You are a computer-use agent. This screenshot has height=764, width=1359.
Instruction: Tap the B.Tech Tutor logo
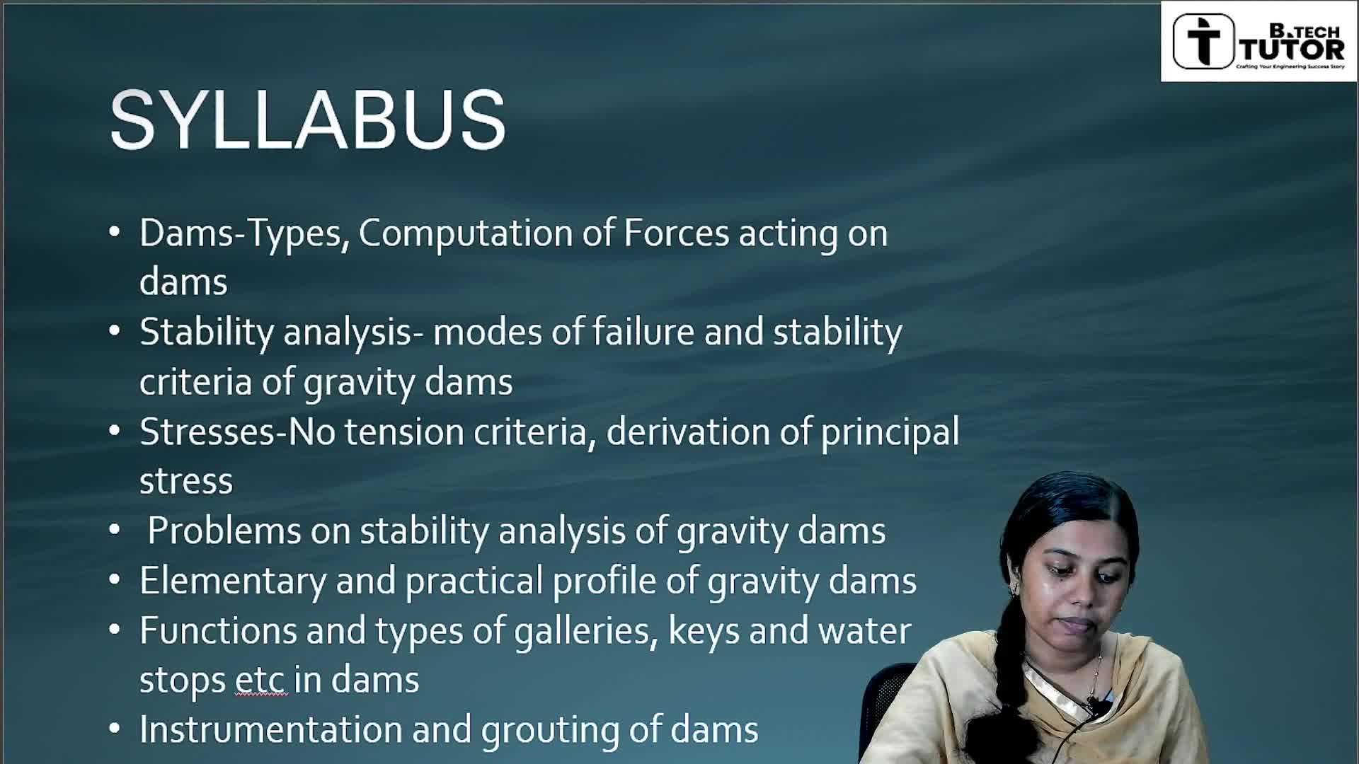[1258, 41]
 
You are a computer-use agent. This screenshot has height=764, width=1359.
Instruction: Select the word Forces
[676, 233]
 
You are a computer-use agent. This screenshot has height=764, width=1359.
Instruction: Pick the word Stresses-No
[238, 432]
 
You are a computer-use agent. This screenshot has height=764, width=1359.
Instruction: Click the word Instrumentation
[271, 729]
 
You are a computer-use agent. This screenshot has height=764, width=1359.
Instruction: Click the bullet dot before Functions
[115, 630]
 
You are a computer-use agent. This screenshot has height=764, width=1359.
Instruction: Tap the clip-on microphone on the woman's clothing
[1094, 705]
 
